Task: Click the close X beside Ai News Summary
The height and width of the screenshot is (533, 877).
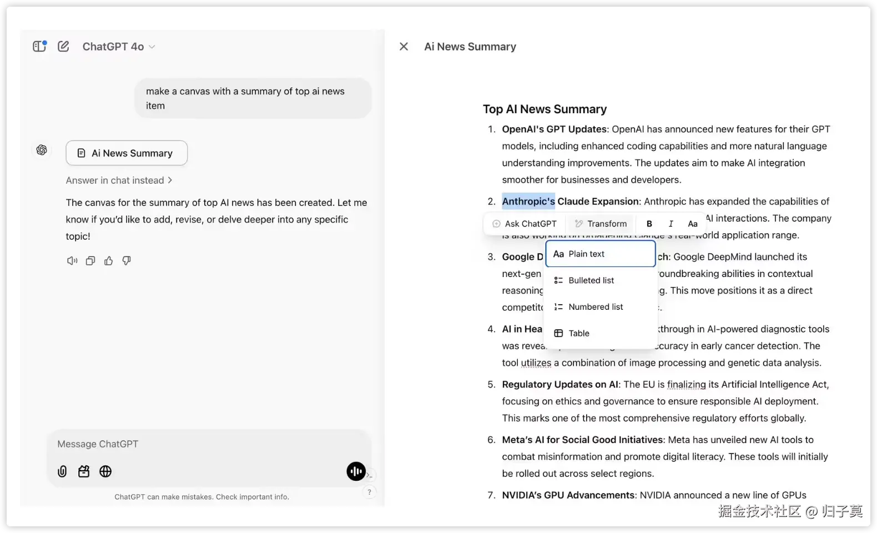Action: pyautogui.click(x=404, y=47)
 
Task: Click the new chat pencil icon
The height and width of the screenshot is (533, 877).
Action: pyautogui.click(x=64, y=47)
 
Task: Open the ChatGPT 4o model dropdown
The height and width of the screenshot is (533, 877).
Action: pyautogui.click(x=118, y=47)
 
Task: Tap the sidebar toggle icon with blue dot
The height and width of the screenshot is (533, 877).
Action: pyautogui.click(x=39, y=46)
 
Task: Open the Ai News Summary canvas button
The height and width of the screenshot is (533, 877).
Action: pyautogui.click(x=127, y=153)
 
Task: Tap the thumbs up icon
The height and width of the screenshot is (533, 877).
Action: pyautogui.click(x=108, y=261)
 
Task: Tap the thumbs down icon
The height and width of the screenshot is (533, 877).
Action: pyautogui.click(x=127, y=261)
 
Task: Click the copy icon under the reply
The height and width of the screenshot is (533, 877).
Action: pyautogui.click(x=90, y=261)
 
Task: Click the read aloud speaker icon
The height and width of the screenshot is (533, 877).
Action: pyautogui.click(x=72, y=261)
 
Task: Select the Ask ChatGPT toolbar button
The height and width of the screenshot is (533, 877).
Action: pyautogui.click(x=525, y=224)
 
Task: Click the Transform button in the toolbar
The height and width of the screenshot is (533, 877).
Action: pyautogui.click(x=601, y=224)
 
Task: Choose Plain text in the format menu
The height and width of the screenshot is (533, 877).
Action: pyautogui.click(x=600, y=254)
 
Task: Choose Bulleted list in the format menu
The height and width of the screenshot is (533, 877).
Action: pyautogui.click(x=591, y=280)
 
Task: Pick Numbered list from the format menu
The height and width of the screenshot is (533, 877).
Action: pyautogui.click(x=595, y=307)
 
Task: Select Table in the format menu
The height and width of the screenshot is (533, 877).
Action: pyautogui.click(x=578, y=333)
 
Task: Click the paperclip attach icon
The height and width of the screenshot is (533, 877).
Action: pyautogui.click(x=62, y=471)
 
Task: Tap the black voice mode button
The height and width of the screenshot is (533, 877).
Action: pyautogui.click(x=356, y=471)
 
